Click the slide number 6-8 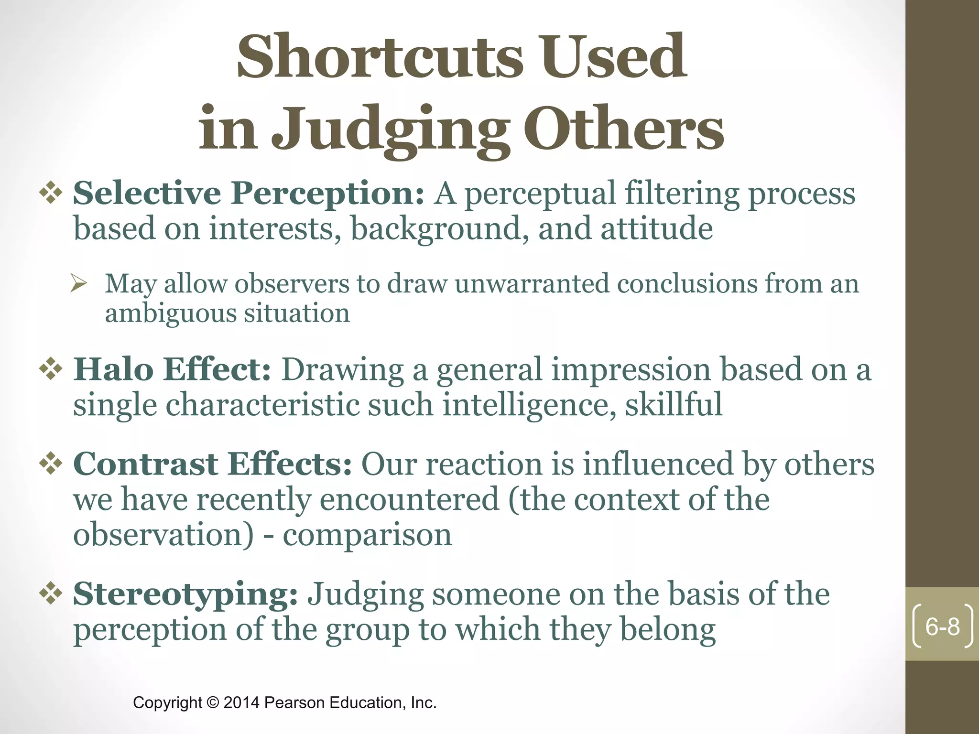[943, 626]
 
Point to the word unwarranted [531, 283]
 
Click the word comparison [367, 535]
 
